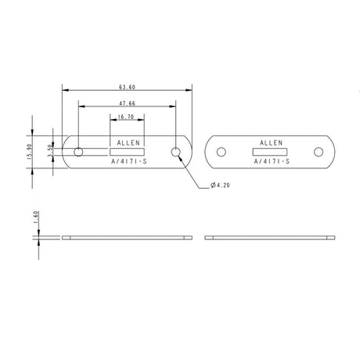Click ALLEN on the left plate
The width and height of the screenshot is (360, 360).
click(x=126, y=143)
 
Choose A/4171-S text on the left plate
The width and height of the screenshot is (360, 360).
click(x=126, y=161)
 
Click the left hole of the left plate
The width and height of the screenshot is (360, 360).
click(x=78, y=152)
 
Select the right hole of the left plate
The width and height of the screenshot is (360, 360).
click(x=176, y=152)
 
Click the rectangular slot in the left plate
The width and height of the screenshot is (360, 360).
click(x=126, y=152)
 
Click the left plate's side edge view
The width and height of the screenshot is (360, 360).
click(x=127, y=237)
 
